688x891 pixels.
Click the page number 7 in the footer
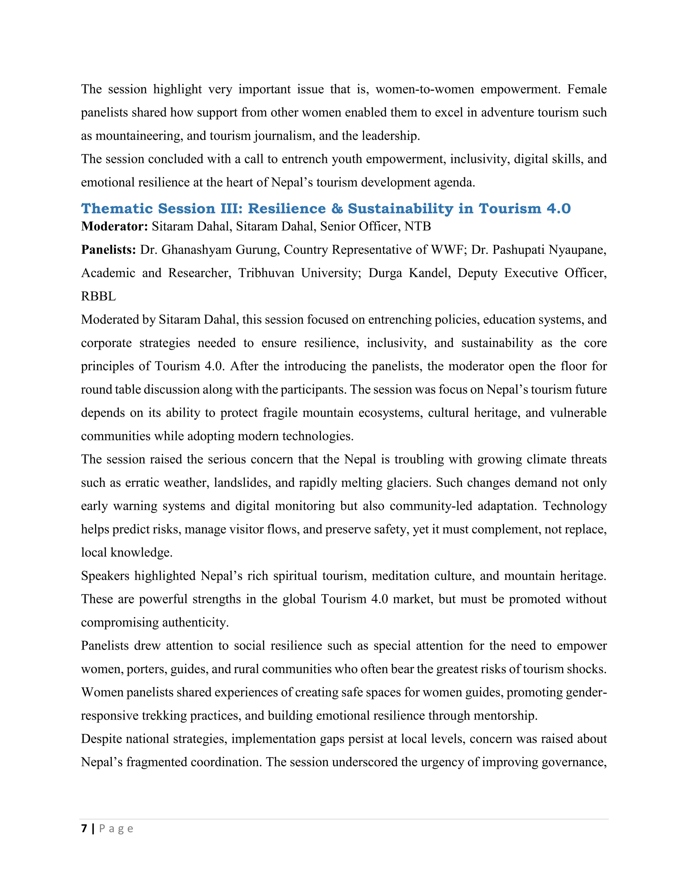coord(84,828)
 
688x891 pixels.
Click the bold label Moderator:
coord(115,226)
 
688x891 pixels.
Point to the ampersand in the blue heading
coord(337,208)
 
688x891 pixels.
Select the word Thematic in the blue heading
coord(117,208)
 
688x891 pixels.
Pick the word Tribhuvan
coord(266,273)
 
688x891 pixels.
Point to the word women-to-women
coord(424,89)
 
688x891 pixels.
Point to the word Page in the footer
coord(116,828)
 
